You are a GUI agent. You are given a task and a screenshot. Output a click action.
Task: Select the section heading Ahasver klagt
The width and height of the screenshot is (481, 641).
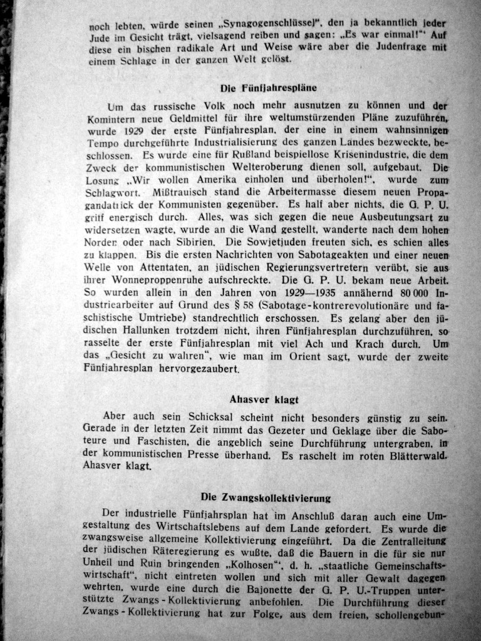(264, 399)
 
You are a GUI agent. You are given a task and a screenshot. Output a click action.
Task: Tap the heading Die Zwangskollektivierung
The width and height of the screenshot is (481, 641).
(266, 497)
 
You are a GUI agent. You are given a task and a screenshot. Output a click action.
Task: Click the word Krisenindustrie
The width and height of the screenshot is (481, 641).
(359, 155)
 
